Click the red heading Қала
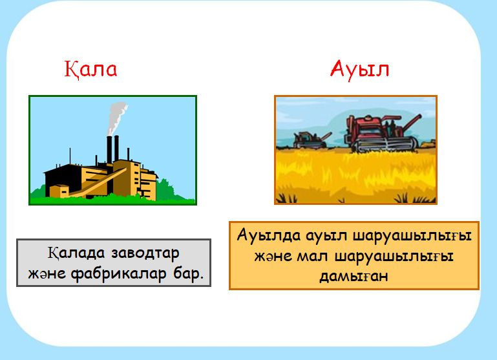pyautogui.click(x=90, y=69)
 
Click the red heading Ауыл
pyautogui.click(x=359, y=69)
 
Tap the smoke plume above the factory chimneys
pyautogui.click(x=116, y=117)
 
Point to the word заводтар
pyautogui.click(x=145, y=253)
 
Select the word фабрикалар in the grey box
pyautogui.click(x=118, y=274)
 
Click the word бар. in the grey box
pyautogui.click(x=188, y=273)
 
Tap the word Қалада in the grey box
pyautogui.click(x=76, y=253)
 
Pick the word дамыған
pyautogui.click(x=354, y=276)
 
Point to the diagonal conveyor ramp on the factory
pyautogui.click(x=98, y=183)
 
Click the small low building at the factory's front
pyautogui.click(x=59, y=191)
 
